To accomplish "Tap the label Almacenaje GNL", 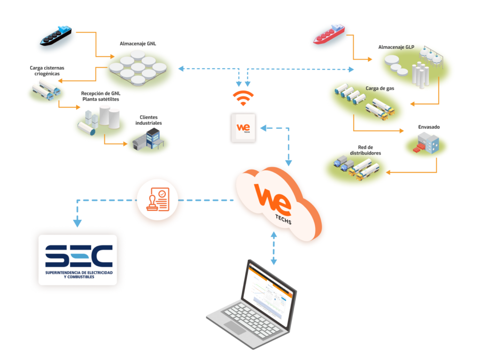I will [138, 44].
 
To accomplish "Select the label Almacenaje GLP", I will [397, 47].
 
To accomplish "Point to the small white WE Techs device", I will [243, 127].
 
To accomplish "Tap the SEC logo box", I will [78, 260].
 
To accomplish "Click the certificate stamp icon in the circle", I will [157, 200].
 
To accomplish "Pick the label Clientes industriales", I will [150, 120].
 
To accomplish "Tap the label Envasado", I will [429, 127].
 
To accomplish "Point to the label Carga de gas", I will [380, 88].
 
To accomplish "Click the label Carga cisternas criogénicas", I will [47, 70].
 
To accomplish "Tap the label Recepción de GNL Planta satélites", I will [100, 96].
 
